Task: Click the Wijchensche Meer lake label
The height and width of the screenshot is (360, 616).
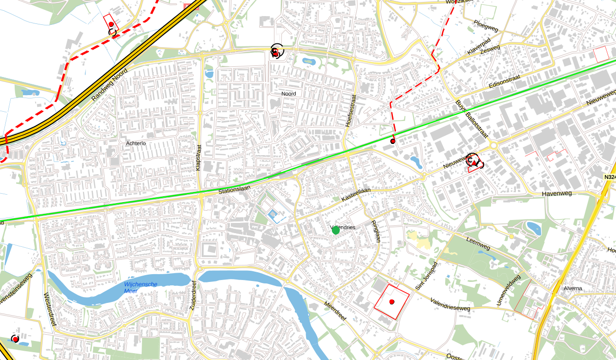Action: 140,287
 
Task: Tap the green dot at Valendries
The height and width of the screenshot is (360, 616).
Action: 336,230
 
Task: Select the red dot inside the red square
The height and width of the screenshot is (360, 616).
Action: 391,302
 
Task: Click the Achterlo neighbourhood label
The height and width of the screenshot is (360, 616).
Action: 136,143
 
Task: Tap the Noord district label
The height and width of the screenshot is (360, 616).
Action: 288,94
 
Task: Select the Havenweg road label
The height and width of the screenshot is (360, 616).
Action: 556,194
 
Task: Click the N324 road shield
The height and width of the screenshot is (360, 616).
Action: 609,178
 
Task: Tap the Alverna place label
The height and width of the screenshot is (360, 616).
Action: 573,288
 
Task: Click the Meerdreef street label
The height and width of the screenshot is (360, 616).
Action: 335,311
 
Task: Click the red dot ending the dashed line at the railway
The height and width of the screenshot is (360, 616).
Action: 393,141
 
